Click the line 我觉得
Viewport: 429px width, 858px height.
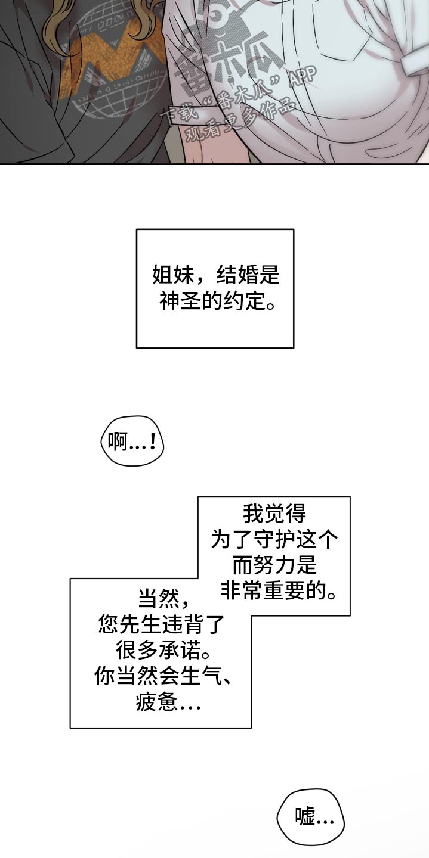274,514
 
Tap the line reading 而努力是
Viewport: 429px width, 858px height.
274,565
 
